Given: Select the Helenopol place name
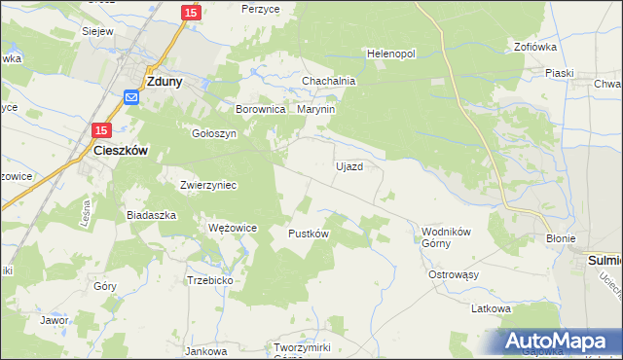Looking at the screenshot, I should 390,54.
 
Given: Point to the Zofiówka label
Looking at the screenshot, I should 535,46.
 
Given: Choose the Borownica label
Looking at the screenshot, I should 260,110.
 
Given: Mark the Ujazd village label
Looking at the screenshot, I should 349,166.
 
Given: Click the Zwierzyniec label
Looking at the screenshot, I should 208,184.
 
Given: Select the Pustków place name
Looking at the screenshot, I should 309,234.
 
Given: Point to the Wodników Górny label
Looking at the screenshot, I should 446,237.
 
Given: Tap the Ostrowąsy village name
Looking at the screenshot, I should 455,275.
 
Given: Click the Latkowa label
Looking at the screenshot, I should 491,308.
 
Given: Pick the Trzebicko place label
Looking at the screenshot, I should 209,279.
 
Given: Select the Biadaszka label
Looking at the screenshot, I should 151,214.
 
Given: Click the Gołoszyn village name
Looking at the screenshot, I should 214,134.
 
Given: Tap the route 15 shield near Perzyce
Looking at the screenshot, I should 191,12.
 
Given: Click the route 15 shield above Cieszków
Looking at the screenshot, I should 103,129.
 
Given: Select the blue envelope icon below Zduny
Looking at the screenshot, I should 132,97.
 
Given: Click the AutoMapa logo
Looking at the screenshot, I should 555,342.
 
